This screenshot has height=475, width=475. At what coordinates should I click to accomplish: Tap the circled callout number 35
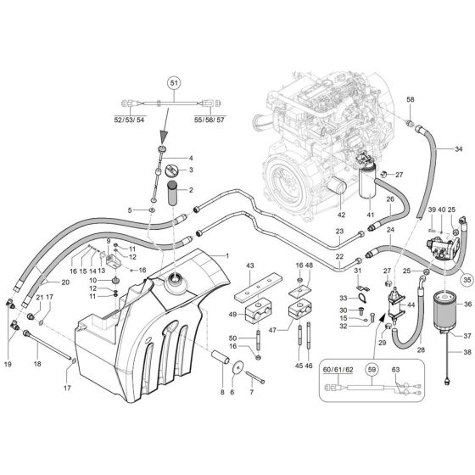click(x=466, y=277)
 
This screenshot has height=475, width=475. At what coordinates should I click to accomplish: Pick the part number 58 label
click(x=410, y=101)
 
